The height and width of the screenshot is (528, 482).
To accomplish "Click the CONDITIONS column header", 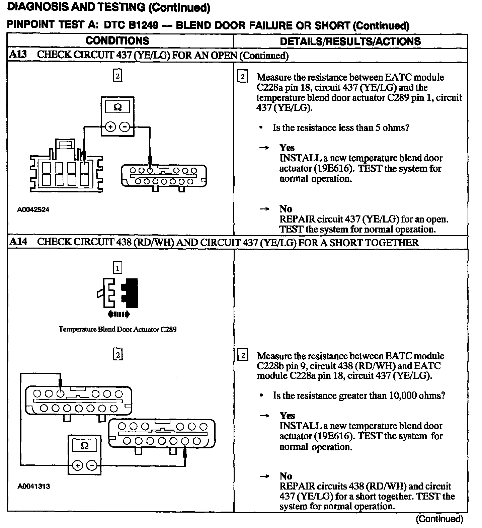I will pos(117,41).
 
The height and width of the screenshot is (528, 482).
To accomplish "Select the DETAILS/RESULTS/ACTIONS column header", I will pos(350,41).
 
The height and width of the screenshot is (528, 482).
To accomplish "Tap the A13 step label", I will pos(18,55).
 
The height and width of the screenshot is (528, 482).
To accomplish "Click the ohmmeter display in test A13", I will pos(117,107).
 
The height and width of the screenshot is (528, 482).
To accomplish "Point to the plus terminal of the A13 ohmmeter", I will pos(110,127).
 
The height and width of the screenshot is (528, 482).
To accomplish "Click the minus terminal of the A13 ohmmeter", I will pos(125,127).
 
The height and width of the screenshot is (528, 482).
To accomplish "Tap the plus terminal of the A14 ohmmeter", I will pos(78,465).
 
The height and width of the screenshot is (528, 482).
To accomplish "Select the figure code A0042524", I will pos(33,210).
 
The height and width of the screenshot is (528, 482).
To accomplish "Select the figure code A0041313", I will pos(34,486).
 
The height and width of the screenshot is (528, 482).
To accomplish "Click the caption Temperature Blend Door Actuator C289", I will pos(117,329).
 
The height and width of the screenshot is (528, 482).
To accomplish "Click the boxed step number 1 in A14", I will pos(117,268).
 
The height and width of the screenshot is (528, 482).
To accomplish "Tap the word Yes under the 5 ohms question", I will pos(287,148).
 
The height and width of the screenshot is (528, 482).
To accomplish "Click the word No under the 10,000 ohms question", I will pos(286,476).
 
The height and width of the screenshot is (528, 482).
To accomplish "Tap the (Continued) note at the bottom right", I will pos(439,519).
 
